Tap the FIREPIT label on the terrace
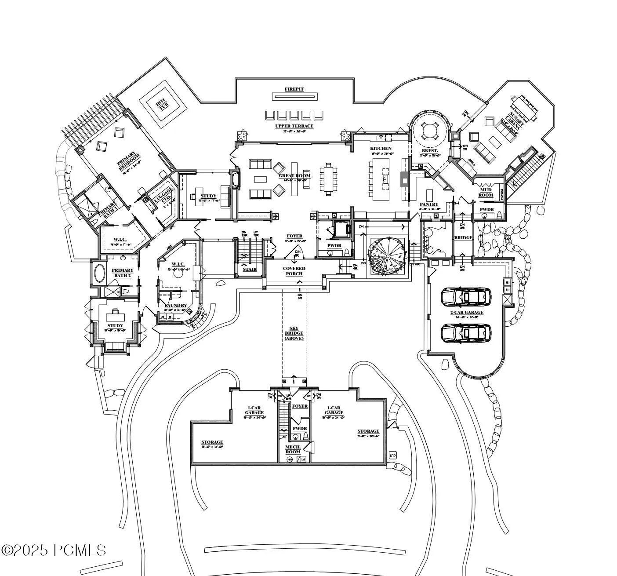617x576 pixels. pyautogui.click(x=294, y=89)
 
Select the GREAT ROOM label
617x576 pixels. pyautogui.click(x=294, y=176)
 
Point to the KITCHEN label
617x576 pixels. pyautogui.click(x=381, y=149)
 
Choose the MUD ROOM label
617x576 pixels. pyautogui.click(x=486, y=193)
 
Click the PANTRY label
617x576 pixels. pyautogui.click(x=428, y=204)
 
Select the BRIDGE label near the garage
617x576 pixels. pyautogui.click(x=463, y=238)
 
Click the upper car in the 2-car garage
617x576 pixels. pyautogui.click(x=466, y=297)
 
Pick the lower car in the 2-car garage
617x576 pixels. pyautogui.click(x=466, y=333)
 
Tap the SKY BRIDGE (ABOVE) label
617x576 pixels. pyautogui.click(x=294, y=333)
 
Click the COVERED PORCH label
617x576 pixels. pyautogui.click(x=294, y=271)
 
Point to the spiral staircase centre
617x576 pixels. pyautogui.click(x=387, y=256)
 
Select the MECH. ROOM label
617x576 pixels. pyautogui.click(x=293, y=449)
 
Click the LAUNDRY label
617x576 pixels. pyautogui.click(x=175, y=306)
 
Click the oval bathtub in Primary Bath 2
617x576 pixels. pyautogui.click(x=100, y=273)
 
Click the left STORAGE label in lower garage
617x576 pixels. pyautogui.click(x=212, y=442)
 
